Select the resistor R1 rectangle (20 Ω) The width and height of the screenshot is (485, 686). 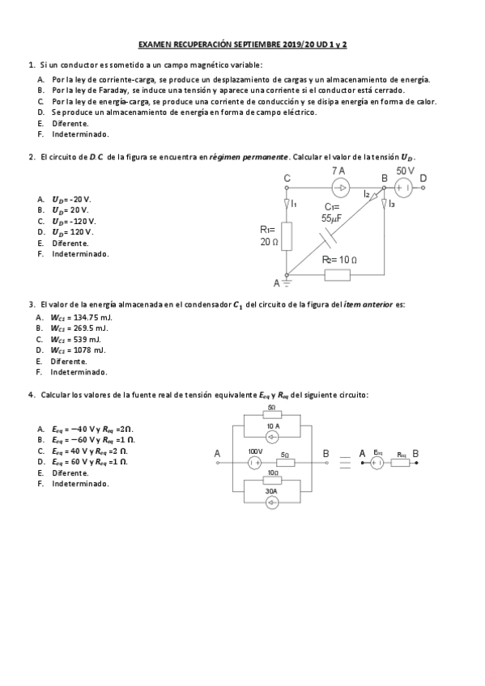[287, 235]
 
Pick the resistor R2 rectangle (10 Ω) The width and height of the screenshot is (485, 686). [337, 275]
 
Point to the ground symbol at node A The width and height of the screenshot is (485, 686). [287, 283]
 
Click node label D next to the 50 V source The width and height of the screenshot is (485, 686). [423, 177]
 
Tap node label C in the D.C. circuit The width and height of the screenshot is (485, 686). [287, 177]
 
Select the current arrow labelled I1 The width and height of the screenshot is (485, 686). [287, 203]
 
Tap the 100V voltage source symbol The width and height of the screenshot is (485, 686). [253, 463]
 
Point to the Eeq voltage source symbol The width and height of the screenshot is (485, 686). [377, 464]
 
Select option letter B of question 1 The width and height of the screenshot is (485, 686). [40, 91]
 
